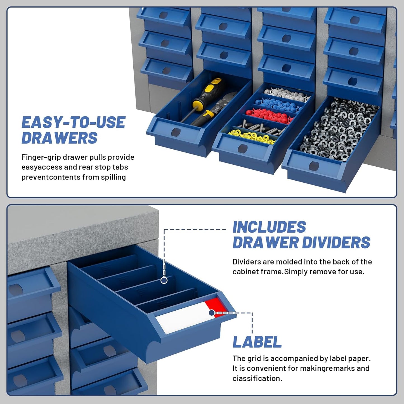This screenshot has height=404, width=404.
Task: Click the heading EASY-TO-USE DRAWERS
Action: (73, 130)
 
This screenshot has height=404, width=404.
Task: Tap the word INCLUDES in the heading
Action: (269, 227)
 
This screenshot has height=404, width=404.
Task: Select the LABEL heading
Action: (257, 342)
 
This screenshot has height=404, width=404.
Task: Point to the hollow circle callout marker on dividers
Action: (164, 280)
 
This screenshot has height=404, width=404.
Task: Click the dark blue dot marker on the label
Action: (212, 313)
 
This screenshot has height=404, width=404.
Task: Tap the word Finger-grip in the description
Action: (41, 157)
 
